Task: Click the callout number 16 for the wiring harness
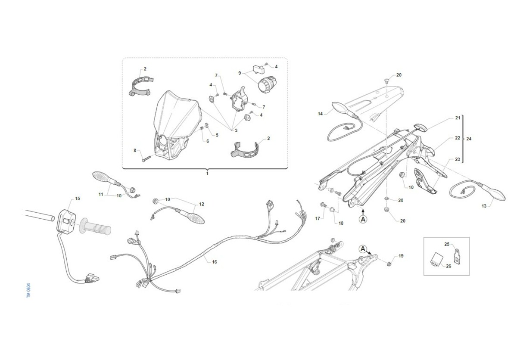pyautogui.click(x=215, y=262)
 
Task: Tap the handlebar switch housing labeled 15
pyautogui.click(x=66, y=222)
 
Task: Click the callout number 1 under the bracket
pyautogui.click(x=207, y=173)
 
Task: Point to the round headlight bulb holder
pyautogui.click(x=267, y=85)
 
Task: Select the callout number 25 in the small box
pyautogui.click(x=447, y=244)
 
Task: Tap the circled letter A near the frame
pyautogui.click(x=363, y=249)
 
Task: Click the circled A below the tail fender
pyautogui.click(x=363, y=219)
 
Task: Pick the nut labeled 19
pyautogui.click(x=389, y=264)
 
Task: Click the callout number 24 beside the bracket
pyautogui.click(x=469, y=139)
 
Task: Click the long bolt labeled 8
pyautogui.click(x=146, y=158)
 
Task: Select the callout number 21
pyautogui.click(x=458, y=118)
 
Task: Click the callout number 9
pyautogui.click(x=240, y=73)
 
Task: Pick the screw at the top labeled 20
pyautogui.click(x=387, y=81)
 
